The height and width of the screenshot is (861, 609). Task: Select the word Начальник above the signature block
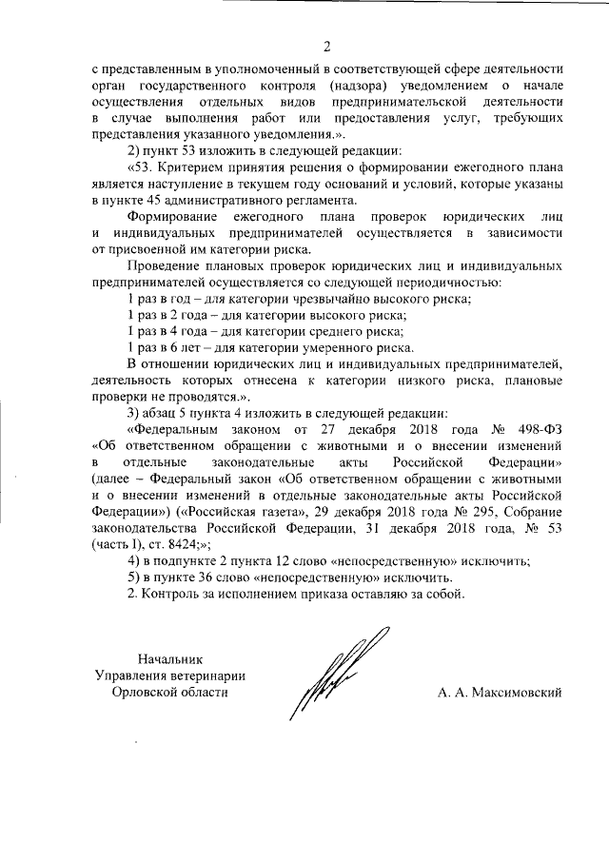(169, 658)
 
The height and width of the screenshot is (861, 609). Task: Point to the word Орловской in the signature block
(145, 693)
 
